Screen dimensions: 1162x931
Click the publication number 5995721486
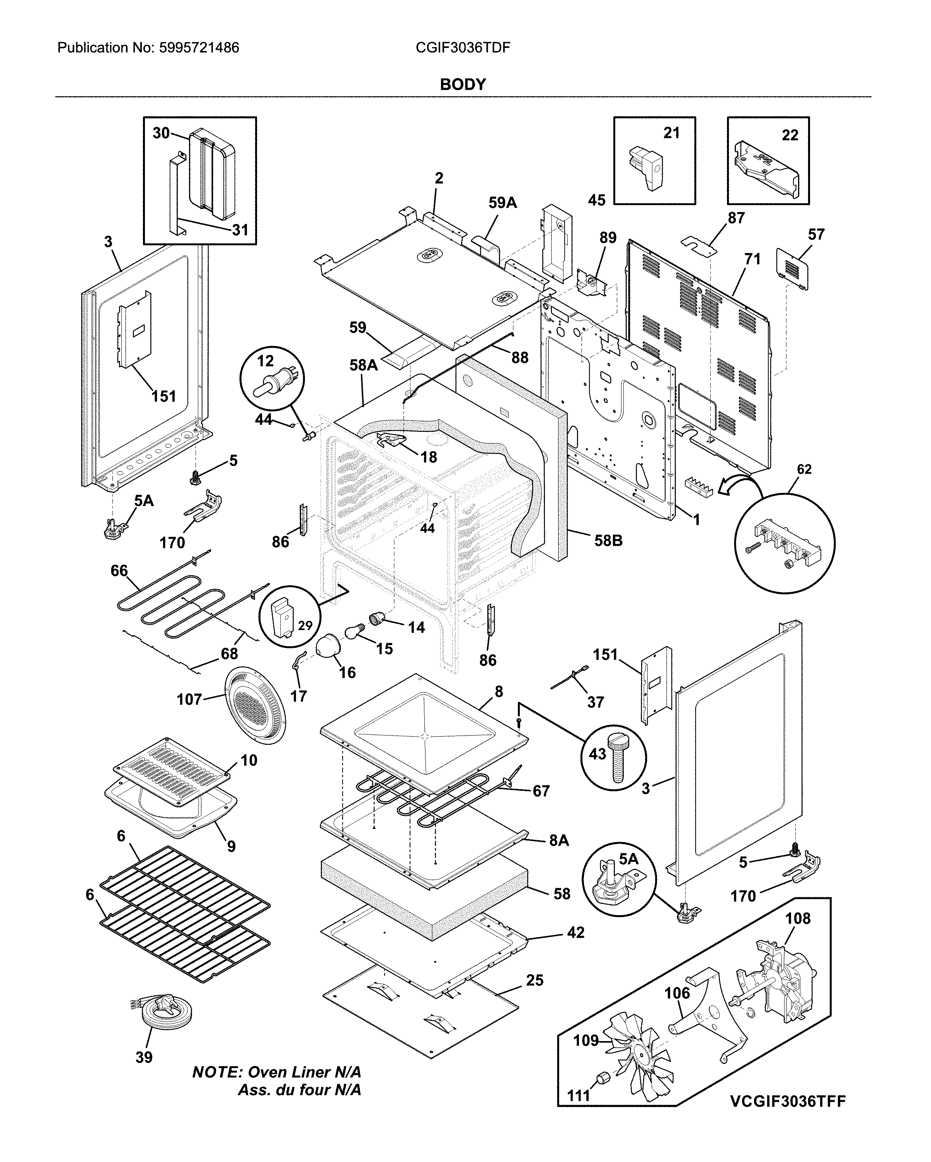click(199, 48)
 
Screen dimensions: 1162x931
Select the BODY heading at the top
click(463, 85)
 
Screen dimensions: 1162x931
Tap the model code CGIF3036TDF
click(463, 48)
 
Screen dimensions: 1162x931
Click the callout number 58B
click(608, 540)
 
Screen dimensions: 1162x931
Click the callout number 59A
click(502, 203)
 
